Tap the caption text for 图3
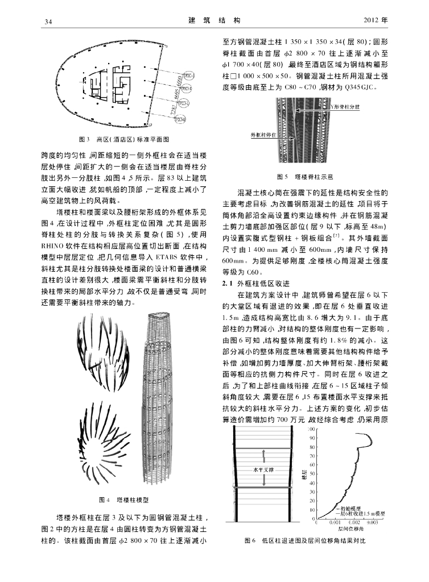point(123,139)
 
